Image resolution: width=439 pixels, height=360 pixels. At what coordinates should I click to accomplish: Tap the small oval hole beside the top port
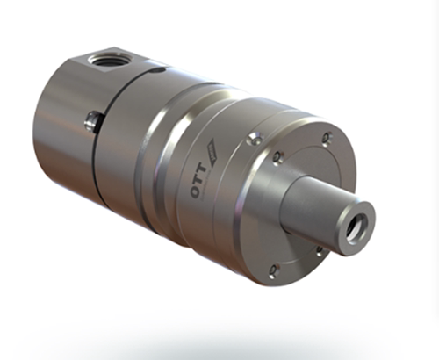(160, 69)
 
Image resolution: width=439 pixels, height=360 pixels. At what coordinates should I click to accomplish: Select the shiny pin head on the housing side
(91, 121)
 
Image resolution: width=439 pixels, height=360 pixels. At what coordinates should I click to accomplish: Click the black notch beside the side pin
(99, 123)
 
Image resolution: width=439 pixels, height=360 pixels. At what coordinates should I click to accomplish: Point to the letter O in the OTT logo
(196, 191)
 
